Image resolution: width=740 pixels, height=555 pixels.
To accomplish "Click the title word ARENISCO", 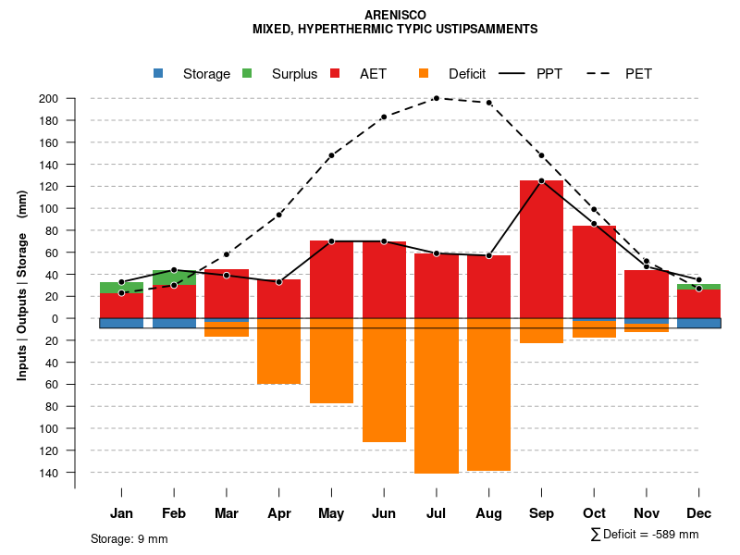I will point(395,16).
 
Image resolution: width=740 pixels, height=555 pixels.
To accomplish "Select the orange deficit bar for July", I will point(437,396).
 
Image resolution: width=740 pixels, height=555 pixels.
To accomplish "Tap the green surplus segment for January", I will point(121,288).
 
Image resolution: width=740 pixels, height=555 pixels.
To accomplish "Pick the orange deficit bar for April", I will point(278,351).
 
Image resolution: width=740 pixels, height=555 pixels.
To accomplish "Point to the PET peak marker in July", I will point(437,98).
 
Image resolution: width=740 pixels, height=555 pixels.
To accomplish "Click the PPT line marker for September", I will point(541,181).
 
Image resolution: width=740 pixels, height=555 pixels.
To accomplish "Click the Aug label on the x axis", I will point(488,513).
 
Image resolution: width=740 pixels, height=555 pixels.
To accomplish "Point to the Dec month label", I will point(698,513).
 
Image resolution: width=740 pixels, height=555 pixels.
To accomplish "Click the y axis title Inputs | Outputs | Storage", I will point(22,285).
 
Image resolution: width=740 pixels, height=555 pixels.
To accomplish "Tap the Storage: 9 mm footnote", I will point(129,538).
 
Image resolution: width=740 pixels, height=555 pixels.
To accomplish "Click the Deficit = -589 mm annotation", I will point(645,535).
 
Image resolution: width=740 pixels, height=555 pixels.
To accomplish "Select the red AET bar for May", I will point(331,279).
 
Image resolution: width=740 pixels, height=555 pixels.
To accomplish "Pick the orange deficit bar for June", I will point(384,380).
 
